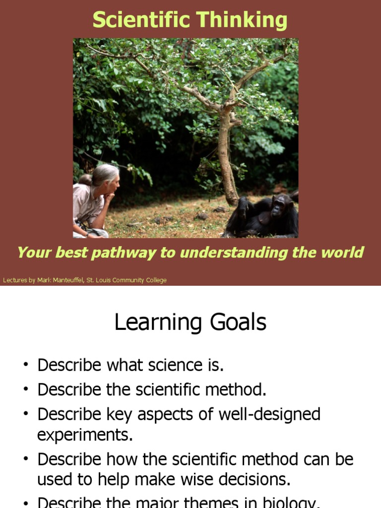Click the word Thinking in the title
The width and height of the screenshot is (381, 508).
242,20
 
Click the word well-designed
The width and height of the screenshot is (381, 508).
271,414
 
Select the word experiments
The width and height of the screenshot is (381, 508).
85,435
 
